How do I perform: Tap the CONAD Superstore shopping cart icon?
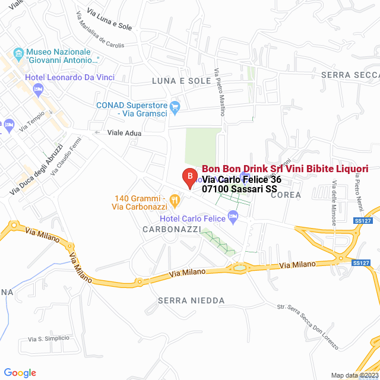point(175,107)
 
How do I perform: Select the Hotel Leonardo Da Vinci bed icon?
point(39,90)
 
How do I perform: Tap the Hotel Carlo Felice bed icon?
point(232,219)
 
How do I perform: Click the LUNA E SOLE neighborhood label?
point(181,81)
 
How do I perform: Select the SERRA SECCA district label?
point(350,75)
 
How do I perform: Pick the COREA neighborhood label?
point(286,195)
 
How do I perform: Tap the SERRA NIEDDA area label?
point(191,301)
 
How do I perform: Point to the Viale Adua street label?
point(124,133)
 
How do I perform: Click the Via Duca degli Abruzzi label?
point(36,169)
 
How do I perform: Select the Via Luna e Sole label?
point(109,19)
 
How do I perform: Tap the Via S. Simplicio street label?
point(48,338)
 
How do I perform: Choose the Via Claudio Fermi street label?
point(65,156)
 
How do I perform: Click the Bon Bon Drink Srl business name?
point(285,169)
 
